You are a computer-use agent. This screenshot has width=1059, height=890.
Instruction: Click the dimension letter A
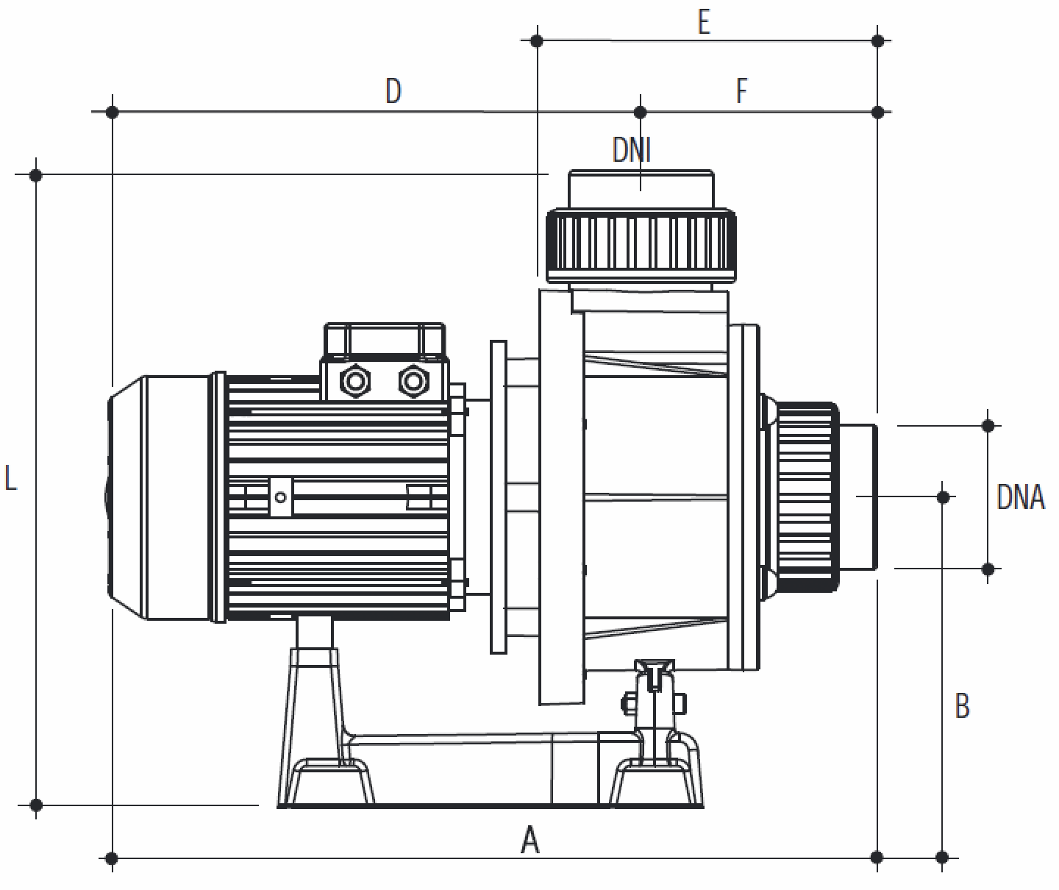pyautogui.click(x=529, y=840)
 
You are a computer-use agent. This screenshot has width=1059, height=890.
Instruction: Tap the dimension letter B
pyautogui.click(x=962, y=705)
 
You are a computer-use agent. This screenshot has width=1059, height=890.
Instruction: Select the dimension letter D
pyautogui.click(x=393, y=92)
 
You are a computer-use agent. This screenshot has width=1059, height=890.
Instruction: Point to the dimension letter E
pyautogui.click(x=704, y=23)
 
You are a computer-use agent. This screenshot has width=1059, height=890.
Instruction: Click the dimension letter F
pyautogui.click(x=742, y=92)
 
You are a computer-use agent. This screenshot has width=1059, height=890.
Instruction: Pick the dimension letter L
pyautogui.click(x=10, y=478)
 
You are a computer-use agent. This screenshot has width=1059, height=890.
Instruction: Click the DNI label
pyautogui.click(x=632, y=151)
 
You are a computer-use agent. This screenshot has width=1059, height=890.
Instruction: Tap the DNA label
pyautogui.click(x=1020, y=497)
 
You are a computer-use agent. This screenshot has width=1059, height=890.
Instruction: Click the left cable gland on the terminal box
pyautogui.click(x=354, y=380)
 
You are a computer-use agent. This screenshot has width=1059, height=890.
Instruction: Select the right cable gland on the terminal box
pyautogui.click(x=413, y=380)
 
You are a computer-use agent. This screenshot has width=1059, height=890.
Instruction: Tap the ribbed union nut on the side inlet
pyautogui.click(x=807, y=496)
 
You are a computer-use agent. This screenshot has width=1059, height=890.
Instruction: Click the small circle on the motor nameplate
pyautogui.click(x=280, y=496)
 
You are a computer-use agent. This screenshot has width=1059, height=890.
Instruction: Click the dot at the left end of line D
pyautogui.click(x=112, y=112)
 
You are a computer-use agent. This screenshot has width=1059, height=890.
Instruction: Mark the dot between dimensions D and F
pyautogui.click(x=640, y=112)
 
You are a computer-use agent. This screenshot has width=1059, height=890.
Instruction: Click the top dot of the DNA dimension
pyautogui.click(x=988, y=425)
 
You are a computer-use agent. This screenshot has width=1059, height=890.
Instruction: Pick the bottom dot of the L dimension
pyautogui.click(x=36, y=805)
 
